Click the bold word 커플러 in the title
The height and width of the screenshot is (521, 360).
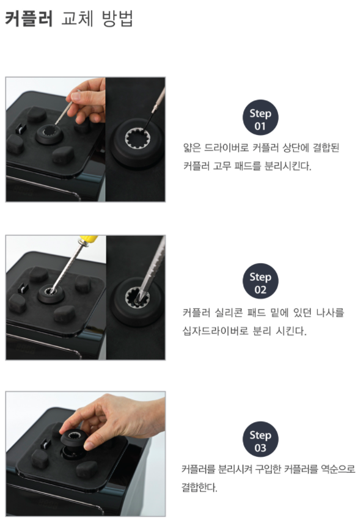[29, 18]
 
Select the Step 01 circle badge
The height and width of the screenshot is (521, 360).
[260, 117]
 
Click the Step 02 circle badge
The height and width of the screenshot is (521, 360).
[260, 281]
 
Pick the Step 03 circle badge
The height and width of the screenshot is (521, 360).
[260, 439]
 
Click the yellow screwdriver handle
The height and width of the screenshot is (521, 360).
[88, 239]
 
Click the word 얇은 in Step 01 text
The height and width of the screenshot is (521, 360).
[192, 148]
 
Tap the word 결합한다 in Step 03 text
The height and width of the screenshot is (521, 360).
[199, 487]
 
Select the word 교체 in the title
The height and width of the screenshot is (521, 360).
[78, 18]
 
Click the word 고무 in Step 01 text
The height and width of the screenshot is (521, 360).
[221, 166]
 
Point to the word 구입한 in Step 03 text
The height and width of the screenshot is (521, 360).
[268, 469]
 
